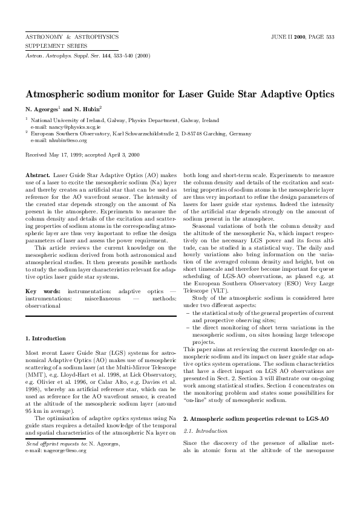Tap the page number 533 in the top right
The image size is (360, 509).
(330, 37)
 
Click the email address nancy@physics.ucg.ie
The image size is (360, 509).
(59, 128)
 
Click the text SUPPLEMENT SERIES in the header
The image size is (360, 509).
(56, 45)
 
